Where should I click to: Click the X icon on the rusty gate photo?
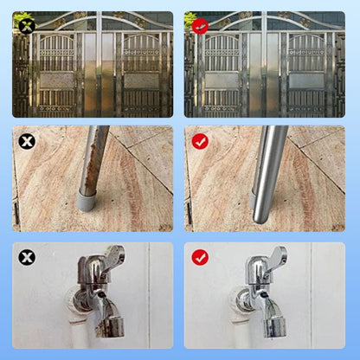coord(26,26)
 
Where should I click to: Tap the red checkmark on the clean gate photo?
coord(199,26)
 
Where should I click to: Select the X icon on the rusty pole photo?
coord(27,140)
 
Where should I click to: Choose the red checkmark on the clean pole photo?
coord(200,140)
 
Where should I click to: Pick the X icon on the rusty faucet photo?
coord(27,257)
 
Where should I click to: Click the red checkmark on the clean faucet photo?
coord(200,257)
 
